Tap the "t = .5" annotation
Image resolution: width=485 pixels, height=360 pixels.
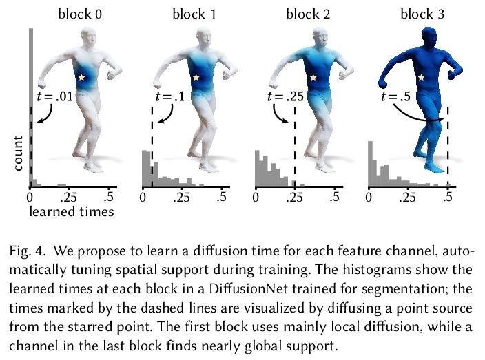pos(395,97)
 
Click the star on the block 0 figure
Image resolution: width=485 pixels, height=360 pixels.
pos(83,78)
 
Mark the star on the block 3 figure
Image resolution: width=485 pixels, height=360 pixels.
pos(421,78)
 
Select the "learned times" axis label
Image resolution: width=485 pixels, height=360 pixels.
pos(71,212)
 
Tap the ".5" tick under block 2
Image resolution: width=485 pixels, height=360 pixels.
pos(336,198)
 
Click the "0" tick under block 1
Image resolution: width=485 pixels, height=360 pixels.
pos(143,198)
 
